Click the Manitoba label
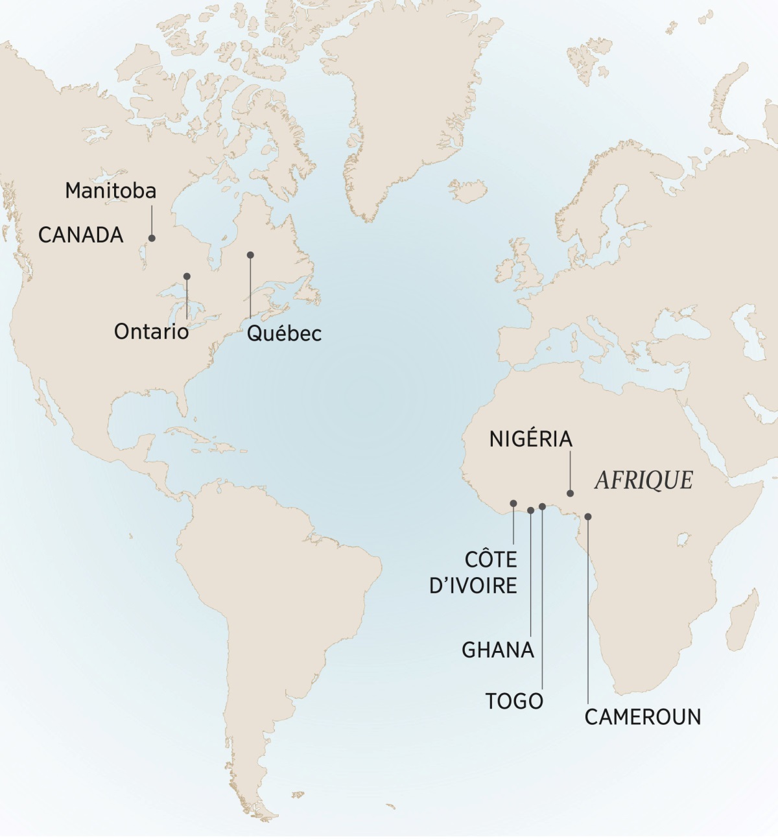(x=111, y=191)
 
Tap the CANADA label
(x=81, y=235)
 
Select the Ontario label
(x=151, y=331)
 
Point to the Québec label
(x=284, y=333)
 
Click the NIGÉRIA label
(x=531, y=439)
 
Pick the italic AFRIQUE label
(x=644, y=480)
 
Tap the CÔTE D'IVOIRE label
(x=474, y=573)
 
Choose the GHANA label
(x=498, y=650)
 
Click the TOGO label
(x=515, y=701)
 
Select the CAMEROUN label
(x=642, y=717)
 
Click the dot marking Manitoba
(x=152, y=238)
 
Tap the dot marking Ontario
(x=187, y=276)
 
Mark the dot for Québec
(x=250, y=255)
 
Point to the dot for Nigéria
(x=571, y=493)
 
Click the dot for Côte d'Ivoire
(x=513, y=503)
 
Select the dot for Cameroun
(x=588, y=517)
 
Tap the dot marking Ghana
(x=531, y=510)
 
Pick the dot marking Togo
(x=542, y=506)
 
